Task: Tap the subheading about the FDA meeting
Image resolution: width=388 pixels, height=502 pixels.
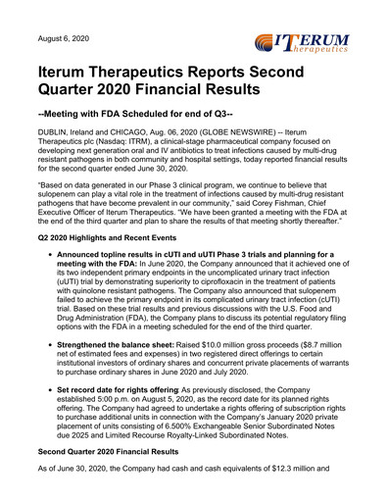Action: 148,125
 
